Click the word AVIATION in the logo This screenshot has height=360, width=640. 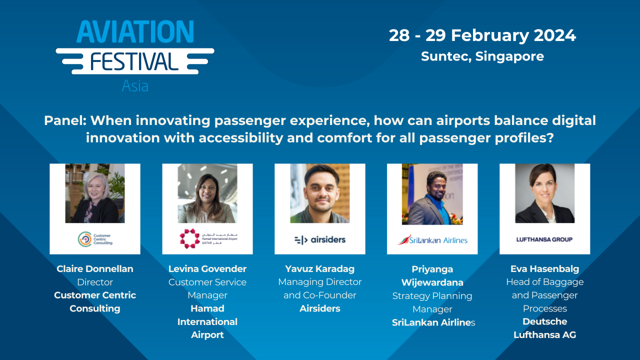pyautogui.click(x=135, y=31)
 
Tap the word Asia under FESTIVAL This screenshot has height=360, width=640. pyautogui.click(x=135, y=85)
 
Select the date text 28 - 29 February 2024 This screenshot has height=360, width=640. pyautogui.click(x=482, y=35)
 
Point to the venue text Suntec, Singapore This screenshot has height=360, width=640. pyautogui.click(x=482, y=56)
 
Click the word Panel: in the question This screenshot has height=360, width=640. pyautogui.click(x=65, y=120)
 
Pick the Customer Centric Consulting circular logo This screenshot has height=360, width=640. pyautogui.click(x=84, y=239)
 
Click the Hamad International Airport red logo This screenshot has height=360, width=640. pyautogui.click(x=190, y=239)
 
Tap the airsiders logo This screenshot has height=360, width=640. pyautogui.click(x=320, y=239)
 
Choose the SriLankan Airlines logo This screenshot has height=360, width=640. pyautogui.click(x=432, y=239)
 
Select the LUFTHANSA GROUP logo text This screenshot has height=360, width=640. pyautogui.click(x=544, y=239)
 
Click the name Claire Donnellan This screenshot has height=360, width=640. pyautogui.click(x=95, y=269)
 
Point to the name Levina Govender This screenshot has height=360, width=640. pyautogui.click(x=207, y=269)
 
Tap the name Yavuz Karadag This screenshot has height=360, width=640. pyautogui.click(x=320, y=269)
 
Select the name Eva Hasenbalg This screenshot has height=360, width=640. pyautogui.click(x=544, y=269)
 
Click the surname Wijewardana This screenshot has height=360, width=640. pyautogui.click(x=432, y=282)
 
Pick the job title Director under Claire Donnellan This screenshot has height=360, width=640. pyautogui.click(x=95, y=282)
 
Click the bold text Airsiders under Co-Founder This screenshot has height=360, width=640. pyautogui.click(x=320, y=308)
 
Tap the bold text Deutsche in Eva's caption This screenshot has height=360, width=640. pyautogui.click(x=544, y=321)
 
